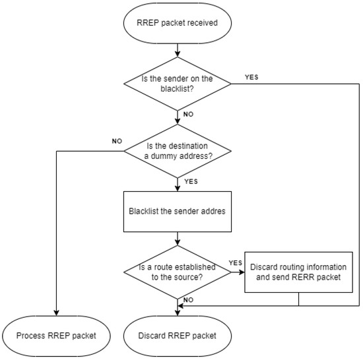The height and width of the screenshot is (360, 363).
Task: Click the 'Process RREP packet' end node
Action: tap(57, 335)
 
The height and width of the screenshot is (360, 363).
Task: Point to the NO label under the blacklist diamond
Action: tap(187, 113)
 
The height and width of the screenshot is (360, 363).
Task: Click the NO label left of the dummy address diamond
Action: tap(117, 140)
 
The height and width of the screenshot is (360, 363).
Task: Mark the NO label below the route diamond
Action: tap(187, 299)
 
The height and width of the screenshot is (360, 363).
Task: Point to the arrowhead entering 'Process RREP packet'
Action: tap(57, 313)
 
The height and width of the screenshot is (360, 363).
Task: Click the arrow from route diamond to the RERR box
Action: tap(236, 272)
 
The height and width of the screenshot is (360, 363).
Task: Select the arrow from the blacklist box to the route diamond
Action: tap(176, 239)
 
